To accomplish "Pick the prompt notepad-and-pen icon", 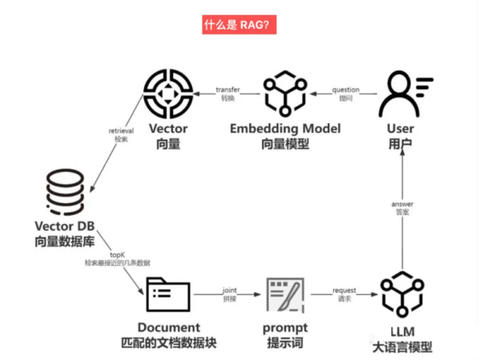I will [x=285, y=296].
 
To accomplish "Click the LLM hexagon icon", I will [x=400, y=296].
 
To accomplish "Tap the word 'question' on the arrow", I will [x=345, y=89].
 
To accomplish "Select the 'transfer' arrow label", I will [x=228, y=89].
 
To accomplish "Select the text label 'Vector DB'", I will [x=56, y=227].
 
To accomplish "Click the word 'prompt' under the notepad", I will [x=285, y=327].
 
